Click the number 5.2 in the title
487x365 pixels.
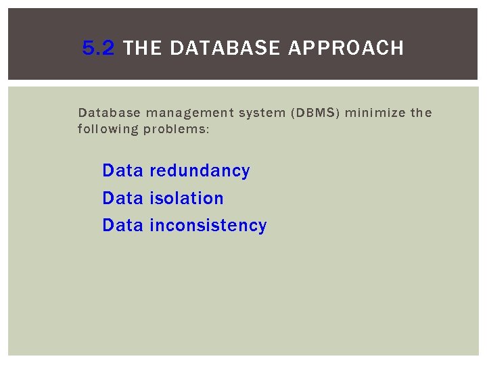[x=99, y=48]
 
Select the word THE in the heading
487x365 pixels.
[x=143, y=48]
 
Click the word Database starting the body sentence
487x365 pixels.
[x=108, y=112]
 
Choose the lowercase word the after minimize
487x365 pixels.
[x=421, y=112]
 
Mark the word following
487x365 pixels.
[x=108, y=128]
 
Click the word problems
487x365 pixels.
[x=174, y=128]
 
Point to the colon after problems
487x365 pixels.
[x=208, y=129]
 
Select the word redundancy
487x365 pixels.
[x=200, y=171]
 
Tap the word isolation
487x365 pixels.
[x=186, y=198]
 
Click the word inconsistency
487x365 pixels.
[x=208, y=225]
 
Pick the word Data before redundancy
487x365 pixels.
[x=122, y=171]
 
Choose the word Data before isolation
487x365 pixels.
[x=122, y=198]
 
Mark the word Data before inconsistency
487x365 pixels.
[x=122, y=225]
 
